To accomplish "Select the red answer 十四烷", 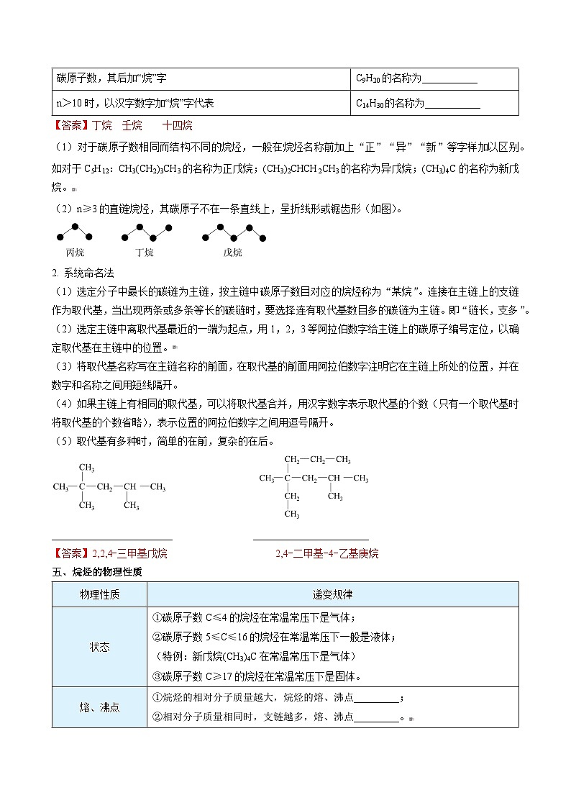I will point(177,126).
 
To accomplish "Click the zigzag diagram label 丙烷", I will point(75,253).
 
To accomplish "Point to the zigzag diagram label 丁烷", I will point(144,253).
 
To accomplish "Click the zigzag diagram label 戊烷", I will point(232,253).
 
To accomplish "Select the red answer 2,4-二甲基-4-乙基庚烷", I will point(326,553).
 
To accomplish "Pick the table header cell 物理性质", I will point(99,595).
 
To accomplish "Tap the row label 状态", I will point(99,647).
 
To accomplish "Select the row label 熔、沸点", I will point(99,707).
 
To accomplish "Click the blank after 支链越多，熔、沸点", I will point(376,717).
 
